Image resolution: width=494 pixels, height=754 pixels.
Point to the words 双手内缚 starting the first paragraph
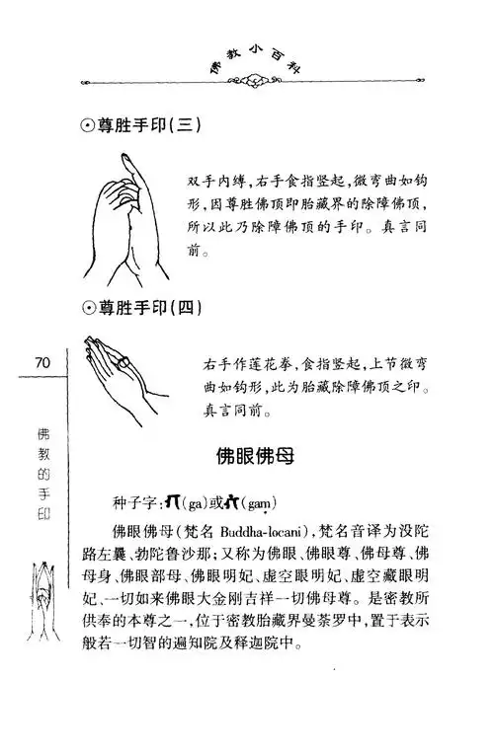[x=217, y=181]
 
